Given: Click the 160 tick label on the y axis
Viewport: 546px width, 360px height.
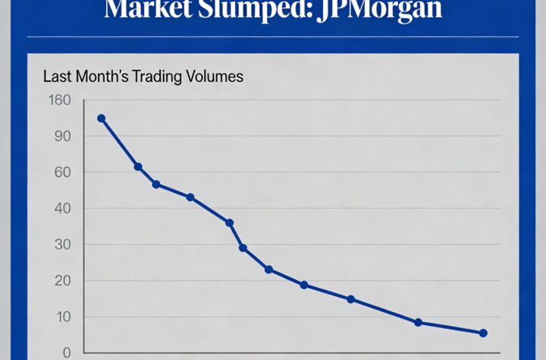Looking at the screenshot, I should [58, 100].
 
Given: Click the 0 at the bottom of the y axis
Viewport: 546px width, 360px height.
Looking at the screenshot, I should [66, 352].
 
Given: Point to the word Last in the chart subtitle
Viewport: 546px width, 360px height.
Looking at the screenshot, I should [57, 77].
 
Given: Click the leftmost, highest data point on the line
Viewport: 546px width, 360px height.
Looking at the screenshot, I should [101, 118].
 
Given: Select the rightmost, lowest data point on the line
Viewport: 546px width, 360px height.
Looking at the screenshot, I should [483, 333].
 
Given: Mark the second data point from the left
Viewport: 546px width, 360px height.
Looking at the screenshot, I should [138, 167].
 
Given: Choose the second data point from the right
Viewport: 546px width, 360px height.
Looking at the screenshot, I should [418, 322].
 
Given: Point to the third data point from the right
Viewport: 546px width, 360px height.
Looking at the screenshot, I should [350, 299].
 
